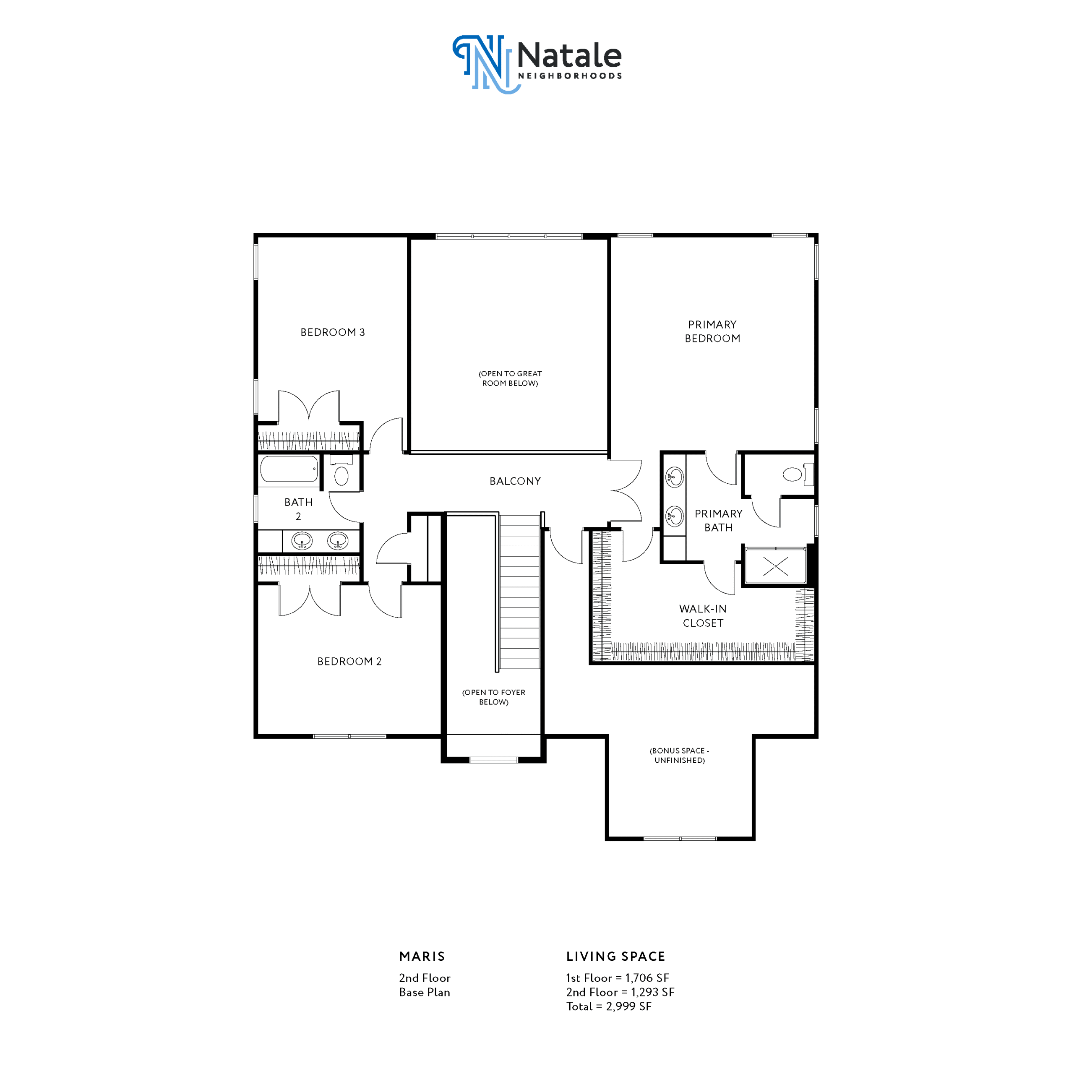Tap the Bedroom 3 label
(x=332, y=332)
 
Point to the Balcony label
(x=515, y=481)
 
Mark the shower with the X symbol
(x=775, y=566)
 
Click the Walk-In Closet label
(x=703, y=616)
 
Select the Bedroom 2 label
(x=349, y=662)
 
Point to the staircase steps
(x=519, y=592)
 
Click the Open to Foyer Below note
(x=494, y=697)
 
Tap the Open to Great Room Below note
(x=510, y=378)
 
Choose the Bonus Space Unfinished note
(x=679, y=756)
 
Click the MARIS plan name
(x=422, y=957)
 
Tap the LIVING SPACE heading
(x=615, y=957)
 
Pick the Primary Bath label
(x=718, y=520)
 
